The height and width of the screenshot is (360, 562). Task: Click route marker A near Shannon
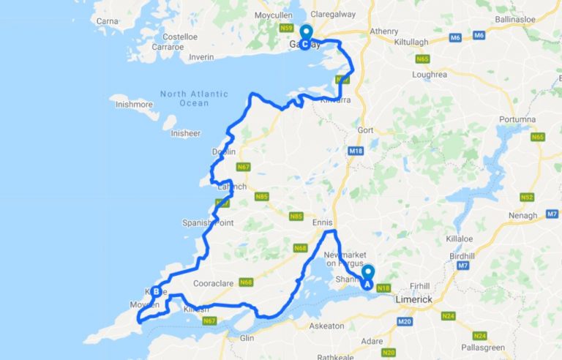coord(367,277)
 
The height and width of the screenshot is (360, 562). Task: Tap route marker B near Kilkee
coord(156,291)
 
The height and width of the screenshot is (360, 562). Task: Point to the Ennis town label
coord(322,222)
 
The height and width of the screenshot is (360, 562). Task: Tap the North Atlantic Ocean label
coord(193,99)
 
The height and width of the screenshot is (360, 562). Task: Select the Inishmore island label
coord(134,105)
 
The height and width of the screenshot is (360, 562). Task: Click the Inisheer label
coord(185,133)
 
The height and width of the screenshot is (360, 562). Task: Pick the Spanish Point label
coord(208,222)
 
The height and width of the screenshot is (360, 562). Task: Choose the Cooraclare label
coord(213,283)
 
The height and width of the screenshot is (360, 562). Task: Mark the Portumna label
coord(517,119)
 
